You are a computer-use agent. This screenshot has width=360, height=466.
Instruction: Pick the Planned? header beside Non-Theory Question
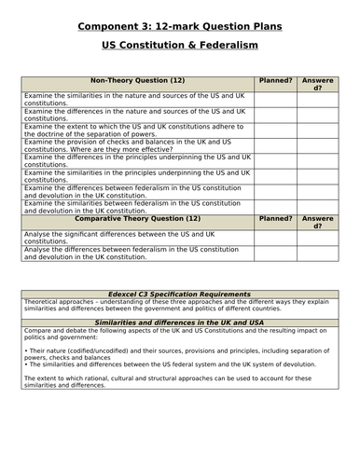276,80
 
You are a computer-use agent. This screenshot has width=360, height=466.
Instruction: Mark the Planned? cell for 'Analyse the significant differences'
276,238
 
